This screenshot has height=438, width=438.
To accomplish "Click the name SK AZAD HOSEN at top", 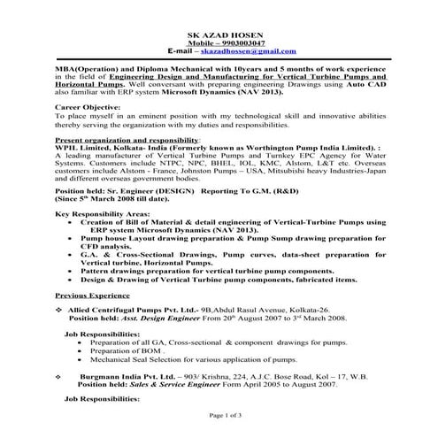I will (x=219, y=35).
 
